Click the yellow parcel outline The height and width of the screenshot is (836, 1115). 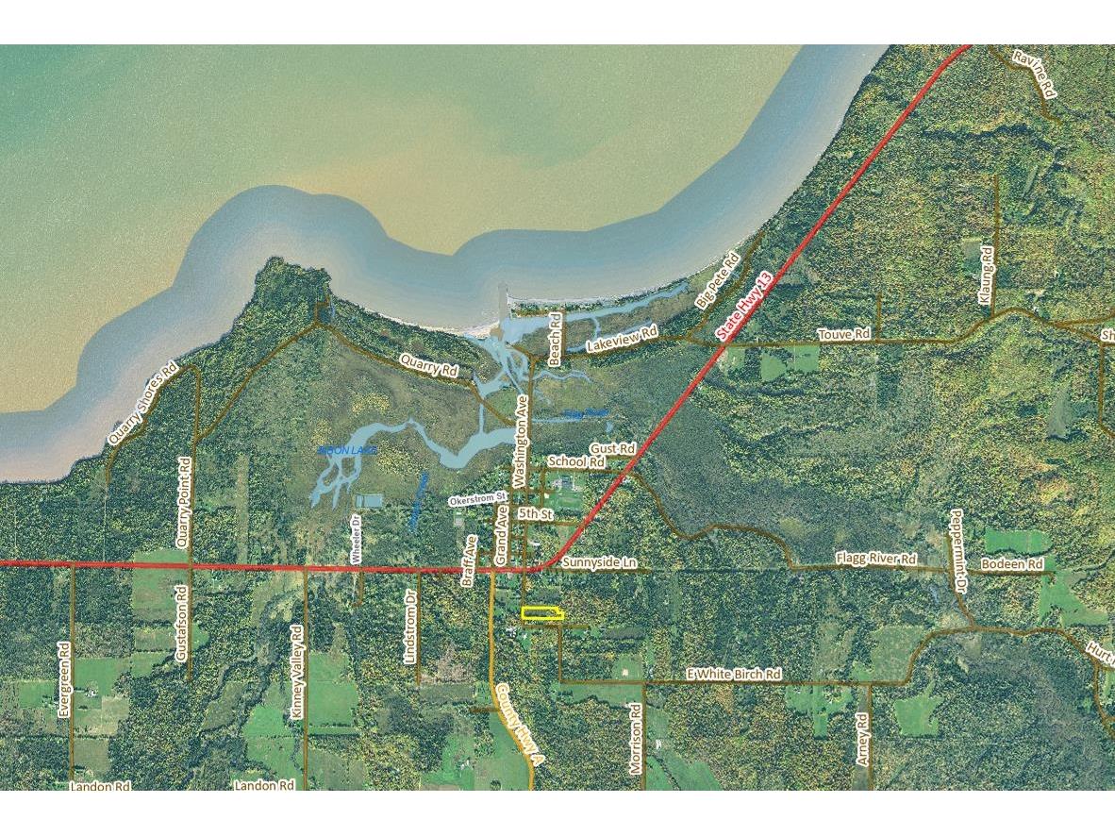point(542,614)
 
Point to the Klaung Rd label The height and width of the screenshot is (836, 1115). point(987,275)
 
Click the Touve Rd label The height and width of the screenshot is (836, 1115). point(843,334)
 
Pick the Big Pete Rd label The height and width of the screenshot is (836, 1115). point(716,280)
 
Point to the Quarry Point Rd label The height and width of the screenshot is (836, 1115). point(184,503)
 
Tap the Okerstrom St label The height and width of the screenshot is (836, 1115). point(478,497)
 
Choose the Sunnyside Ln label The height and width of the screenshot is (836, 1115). point(599,562)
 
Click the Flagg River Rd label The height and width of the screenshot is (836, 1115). point(875,560)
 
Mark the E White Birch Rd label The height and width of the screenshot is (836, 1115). point(734,675)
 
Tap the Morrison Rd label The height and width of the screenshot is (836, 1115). point(636,739)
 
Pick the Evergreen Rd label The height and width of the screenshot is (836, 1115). point(64,680)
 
